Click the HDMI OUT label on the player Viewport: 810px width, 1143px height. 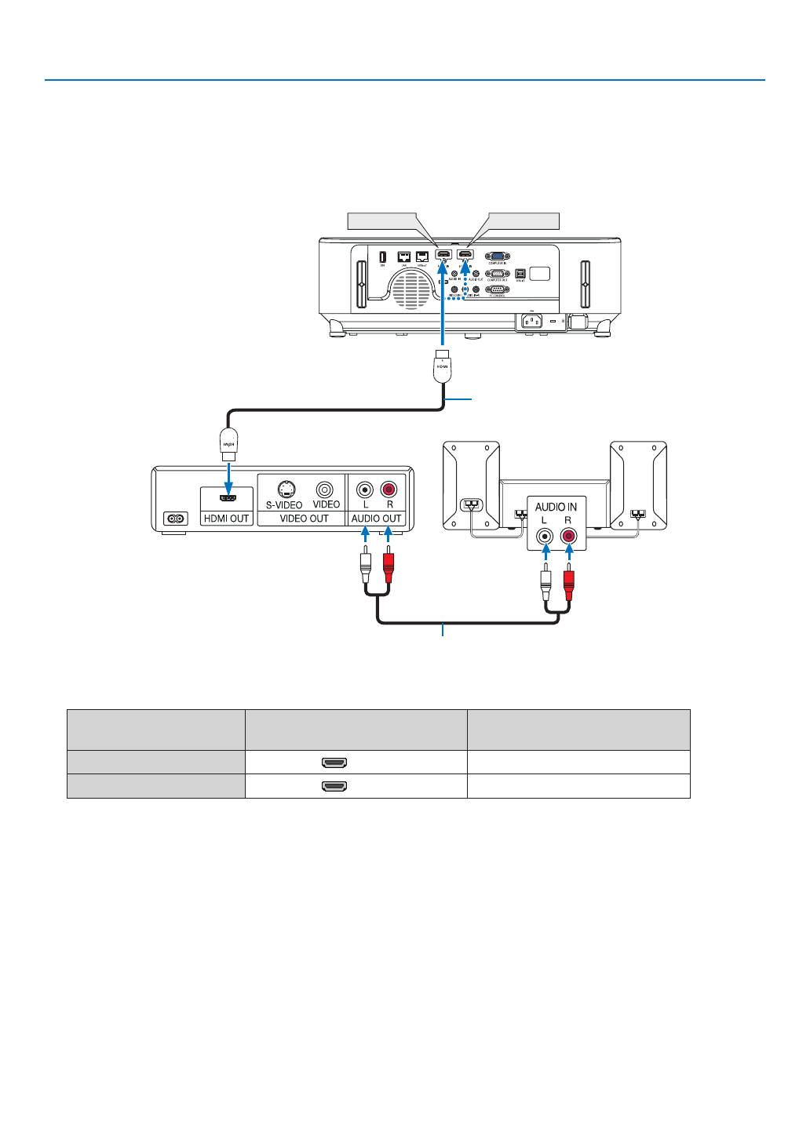pos(226,519)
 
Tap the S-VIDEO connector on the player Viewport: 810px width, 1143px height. pos(286,490)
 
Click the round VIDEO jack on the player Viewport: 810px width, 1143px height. pos(325,490)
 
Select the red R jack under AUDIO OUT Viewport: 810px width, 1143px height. pos(389,490)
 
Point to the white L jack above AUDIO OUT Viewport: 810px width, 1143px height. pos(364,490)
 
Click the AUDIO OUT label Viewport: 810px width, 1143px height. pos(376,519)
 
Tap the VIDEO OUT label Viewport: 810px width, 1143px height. pos(304,519)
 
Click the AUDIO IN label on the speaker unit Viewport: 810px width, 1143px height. pos(556,507)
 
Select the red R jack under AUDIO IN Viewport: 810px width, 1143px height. pos(568,537)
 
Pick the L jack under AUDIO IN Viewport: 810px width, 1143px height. pos(544,537)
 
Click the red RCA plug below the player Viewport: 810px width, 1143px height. pos(389,566)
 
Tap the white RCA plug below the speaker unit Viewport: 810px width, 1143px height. pos(546,585)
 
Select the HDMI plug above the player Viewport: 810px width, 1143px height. pos(228,445)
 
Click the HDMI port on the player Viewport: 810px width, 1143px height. pos(228,498)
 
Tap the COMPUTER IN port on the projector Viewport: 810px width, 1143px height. pos(497,257)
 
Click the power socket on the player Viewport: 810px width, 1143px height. pos(176,519)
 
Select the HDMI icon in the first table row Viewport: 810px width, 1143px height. pos(334,763)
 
